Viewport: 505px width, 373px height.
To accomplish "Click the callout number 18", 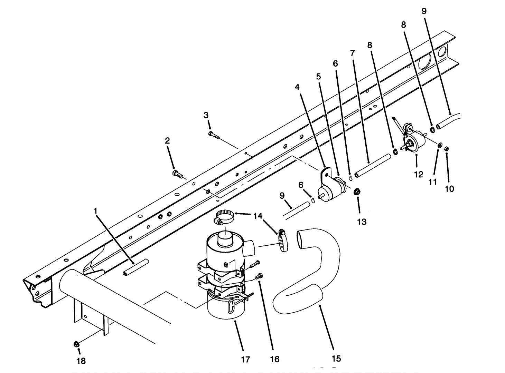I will coord(81,361).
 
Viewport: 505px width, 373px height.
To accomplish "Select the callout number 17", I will coord(245,360).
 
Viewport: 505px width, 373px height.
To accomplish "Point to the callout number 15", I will coord(336,359).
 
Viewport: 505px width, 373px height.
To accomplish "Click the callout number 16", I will coord(275,359).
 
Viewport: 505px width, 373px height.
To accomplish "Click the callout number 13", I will coord(362,222).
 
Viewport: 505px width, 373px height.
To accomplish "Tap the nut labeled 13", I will coord(357,192).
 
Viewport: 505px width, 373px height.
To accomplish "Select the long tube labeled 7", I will coord(373,166).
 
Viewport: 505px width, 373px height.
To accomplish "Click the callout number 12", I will coord(419,174).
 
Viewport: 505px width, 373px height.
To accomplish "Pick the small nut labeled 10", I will coord(446,149).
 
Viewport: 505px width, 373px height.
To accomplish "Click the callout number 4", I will coord(297,88).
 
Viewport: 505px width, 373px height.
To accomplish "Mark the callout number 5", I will coord(318,76).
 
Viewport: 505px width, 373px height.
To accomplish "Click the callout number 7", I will coord(352,53).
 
